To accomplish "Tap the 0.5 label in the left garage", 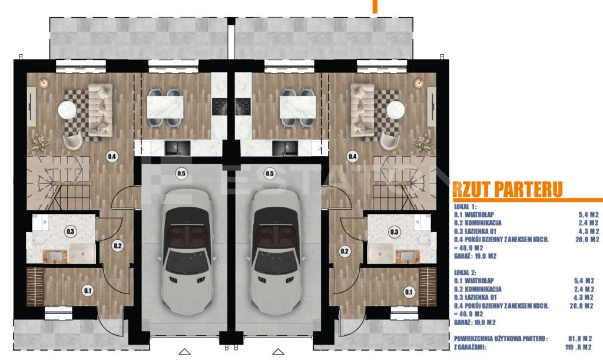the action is [181, 174].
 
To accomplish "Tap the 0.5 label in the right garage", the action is [270, 174].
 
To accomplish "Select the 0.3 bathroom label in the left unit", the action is [71, 232].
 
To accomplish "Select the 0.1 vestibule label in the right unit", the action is [409, 292].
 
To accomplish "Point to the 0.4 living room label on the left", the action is [112, 157].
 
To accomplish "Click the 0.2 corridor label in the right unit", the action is [344, 252].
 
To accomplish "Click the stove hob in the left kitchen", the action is [220, 107].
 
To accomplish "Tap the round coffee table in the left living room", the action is [67, 110].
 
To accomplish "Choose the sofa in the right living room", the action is [362, 110].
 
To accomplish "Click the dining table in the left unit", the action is [165, 107].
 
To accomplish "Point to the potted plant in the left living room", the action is [39, 142].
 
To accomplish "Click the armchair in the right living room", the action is [390, 141].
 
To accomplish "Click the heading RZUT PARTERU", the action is [508, 189].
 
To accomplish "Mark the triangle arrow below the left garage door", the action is [184, 352].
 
